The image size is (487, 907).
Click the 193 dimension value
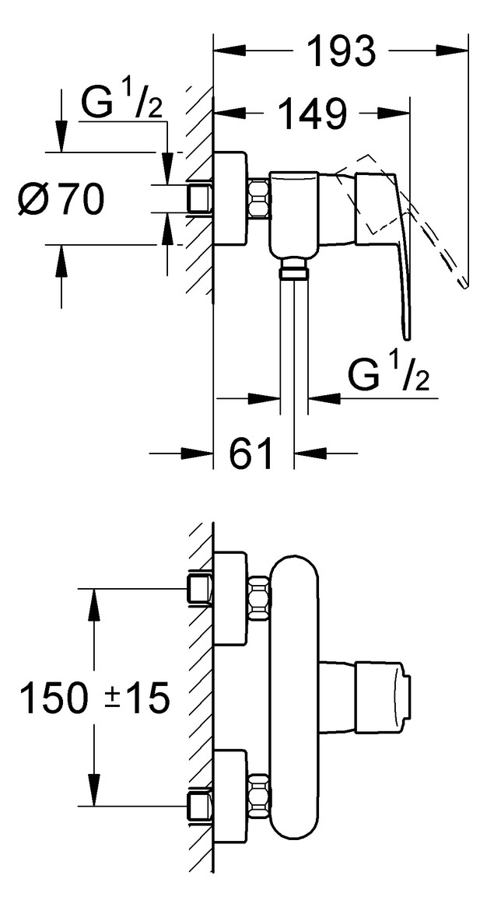click(341, 51)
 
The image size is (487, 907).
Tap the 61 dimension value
click(251, 454)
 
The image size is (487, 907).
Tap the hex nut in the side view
click(259, 198)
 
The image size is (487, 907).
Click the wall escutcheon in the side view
click(230, 198)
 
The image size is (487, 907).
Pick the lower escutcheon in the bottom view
click(230, 797)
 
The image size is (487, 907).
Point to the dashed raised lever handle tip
click(464, 283)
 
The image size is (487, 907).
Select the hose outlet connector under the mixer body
click(294, 268)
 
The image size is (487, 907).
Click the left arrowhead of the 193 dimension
click(229, 51)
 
